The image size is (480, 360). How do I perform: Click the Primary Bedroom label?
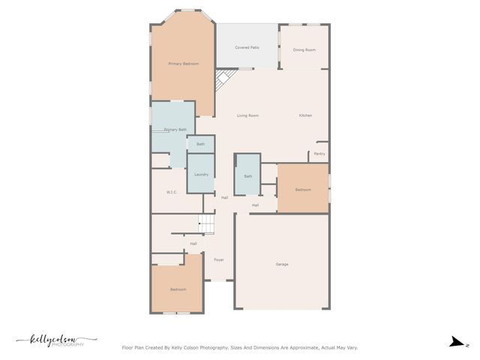tap(183, 64)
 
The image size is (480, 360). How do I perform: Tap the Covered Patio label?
tap(247, 47)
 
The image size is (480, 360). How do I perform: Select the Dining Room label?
tap(304, 49)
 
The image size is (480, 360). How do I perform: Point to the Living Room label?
tap(247, 115)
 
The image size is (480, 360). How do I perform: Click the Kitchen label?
tap(305, 115)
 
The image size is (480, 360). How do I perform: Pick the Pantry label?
tap(319, 154)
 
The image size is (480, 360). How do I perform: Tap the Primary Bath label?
tap(175, 130)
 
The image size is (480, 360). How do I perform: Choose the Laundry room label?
tap(201, 174)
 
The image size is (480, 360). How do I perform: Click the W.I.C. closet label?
tap(171, 193)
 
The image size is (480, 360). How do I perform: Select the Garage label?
tap(282, 264)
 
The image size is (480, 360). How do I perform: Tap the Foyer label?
tap(219, 259)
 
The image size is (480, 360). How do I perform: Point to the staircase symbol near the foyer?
tap(206, 223)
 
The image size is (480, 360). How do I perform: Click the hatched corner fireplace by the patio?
tap(223, 79)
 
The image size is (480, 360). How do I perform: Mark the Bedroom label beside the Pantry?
tap(303, 190)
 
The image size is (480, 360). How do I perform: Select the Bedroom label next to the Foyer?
tap(178, 289)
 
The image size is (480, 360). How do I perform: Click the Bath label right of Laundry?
tap(247, 177)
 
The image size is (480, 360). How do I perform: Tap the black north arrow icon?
tap(456, 342)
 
